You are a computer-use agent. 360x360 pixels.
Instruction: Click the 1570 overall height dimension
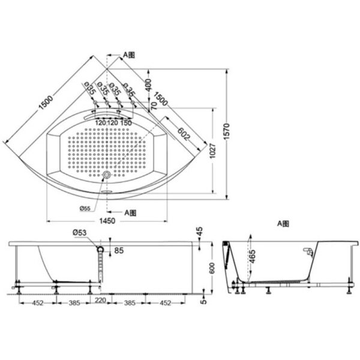226,131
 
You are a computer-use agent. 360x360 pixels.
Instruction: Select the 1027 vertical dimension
212,151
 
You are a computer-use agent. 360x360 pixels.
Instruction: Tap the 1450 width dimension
107,221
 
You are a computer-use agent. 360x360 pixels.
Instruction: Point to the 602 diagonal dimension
184,134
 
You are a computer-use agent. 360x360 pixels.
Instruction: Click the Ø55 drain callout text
85,208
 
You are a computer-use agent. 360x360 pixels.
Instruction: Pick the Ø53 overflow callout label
80,233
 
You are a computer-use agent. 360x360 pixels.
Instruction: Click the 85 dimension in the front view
119,250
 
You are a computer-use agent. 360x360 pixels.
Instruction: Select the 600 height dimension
212,268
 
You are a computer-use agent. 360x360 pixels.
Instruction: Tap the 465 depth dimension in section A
252,257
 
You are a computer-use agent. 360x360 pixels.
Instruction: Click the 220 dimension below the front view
100,300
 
